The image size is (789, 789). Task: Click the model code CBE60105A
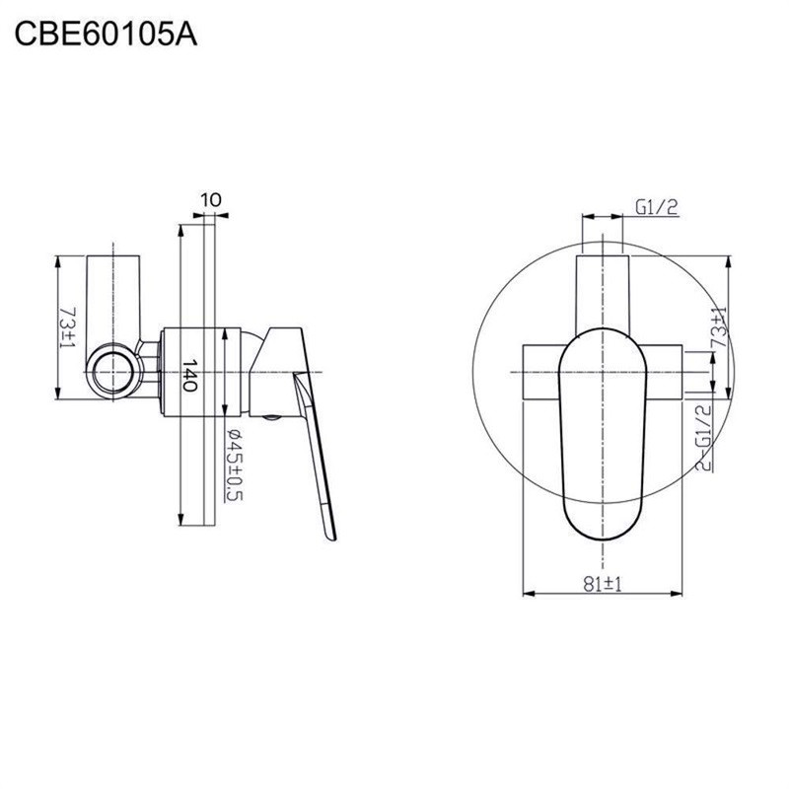click(x=106, y=35)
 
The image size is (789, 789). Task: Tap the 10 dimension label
click(x=211, y=200)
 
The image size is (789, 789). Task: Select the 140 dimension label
click(x=188, y=375)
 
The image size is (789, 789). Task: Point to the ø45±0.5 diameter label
click(x=234, y=465)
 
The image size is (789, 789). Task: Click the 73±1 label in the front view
click(x=720, y=326)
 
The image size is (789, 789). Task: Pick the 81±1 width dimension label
click(x=603, y=584)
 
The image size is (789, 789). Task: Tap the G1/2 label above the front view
click(x=657, y=207)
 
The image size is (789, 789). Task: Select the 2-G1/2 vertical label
click(x=703, y=437)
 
